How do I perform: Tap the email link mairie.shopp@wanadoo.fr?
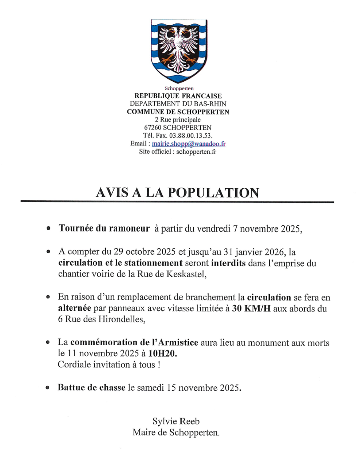[189, 144]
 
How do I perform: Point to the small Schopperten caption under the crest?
[179, 88]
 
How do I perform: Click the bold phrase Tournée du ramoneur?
[104, 228]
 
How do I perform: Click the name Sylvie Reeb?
[176, 421]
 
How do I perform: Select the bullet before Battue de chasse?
[48, 388]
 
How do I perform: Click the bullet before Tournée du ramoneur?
[49, 229]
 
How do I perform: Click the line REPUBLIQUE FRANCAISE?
[178, 96]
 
